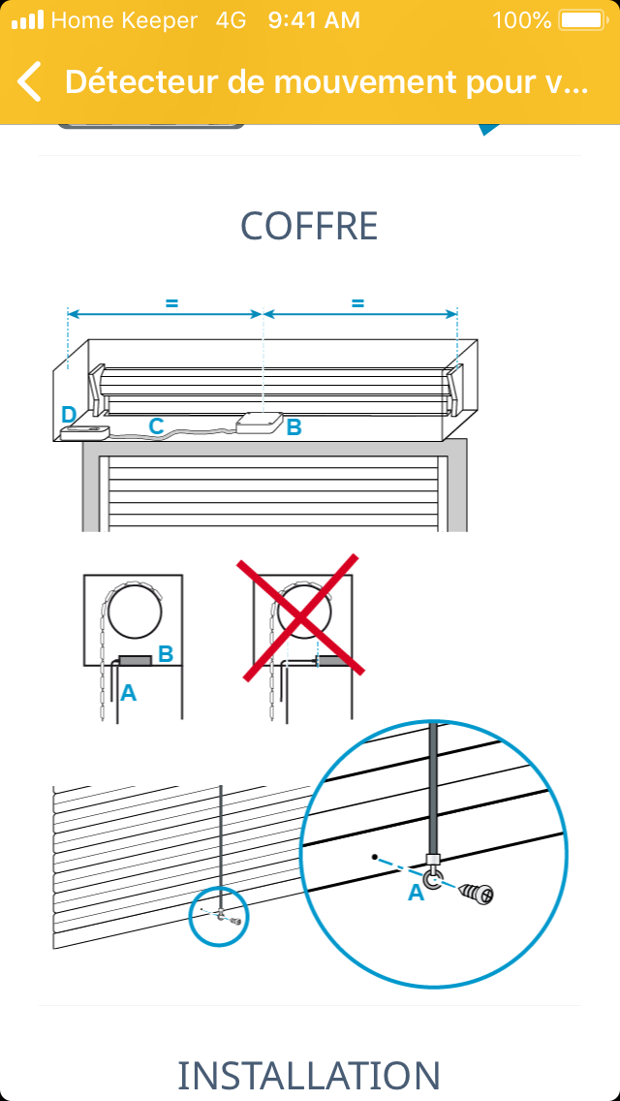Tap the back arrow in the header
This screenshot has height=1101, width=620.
click(30, 81)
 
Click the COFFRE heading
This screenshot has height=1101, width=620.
click(310, 226)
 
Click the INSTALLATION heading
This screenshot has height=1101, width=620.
click(310, 1075)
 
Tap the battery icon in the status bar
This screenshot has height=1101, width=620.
click(582, 20)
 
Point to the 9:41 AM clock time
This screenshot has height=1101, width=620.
click(314, 20)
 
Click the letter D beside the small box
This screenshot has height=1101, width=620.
click(68, 414)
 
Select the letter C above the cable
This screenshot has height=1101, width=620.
click(156, 425)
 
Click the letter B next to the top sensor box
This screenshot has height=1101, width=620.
click(294, 426)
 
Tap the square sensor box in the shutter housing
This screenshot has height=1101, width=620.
click(261, 425)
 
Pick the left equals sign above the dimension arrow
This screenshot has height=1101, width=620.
click(171, 303)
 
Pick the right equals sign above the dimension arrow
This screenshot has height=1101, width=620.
click(358, 303)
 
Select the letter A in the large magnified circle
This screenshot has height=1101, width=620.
click(417, 893)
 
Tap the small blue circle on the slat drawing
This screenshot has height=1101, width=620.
click(220, 914)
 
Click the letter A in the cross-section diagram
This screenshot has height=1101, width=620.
click(128, 693)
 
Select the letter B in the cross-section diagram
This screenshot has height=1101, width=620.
click(166, 653)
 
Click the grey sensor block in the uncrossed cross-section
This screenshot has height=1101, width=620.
click(135, 660)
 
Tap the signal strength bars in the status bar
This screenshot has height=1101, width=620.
click(27, 20)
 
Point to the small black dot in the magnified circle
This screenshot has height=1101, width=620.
click(376, 857)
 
